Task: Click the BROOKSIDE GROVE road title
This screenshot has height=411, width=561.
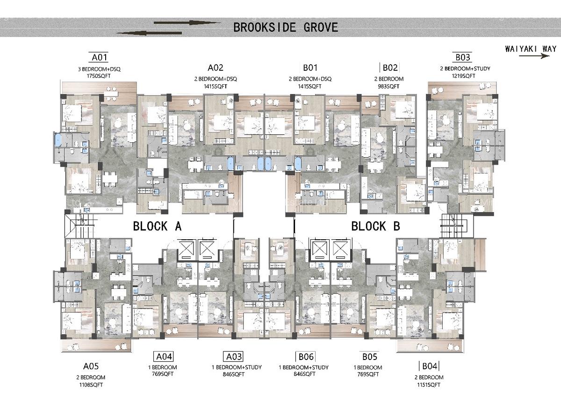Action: pyautogui.click(x=285, y=27)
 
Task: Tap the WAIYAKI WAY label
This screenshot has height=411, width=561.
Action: pyautogui.click(x=531, y=49)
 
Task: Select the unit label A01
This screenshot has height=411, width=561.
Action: pyautogui.click(x=100, y=58)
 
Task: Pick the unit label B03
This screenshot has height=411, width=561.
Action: pyautogui.click(x=462, y=58)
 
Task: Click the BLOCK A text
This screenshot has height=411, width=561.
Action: pyautogui.click(x=157, y=227)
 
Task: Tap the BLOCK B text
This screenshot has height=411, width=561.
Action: pyautogui.click(x=375, y=227)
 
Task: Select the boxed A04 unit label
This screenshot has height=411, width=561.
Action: pyautogui.click(x=164, y=356)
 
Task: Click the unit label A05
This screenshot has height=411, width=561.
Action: pyautogui.click(x=91, y=366)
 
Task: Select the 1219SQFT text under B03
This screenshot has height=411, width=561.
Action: pyautogui.click(x=463, y=75)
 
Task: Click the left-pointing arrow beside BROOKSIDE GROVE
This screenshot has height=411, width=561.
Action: pyautogui.click(x=148, y=32)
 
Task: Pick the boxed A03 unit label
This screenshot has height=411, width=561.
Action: pyautogui.click(x=233, y=356)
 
